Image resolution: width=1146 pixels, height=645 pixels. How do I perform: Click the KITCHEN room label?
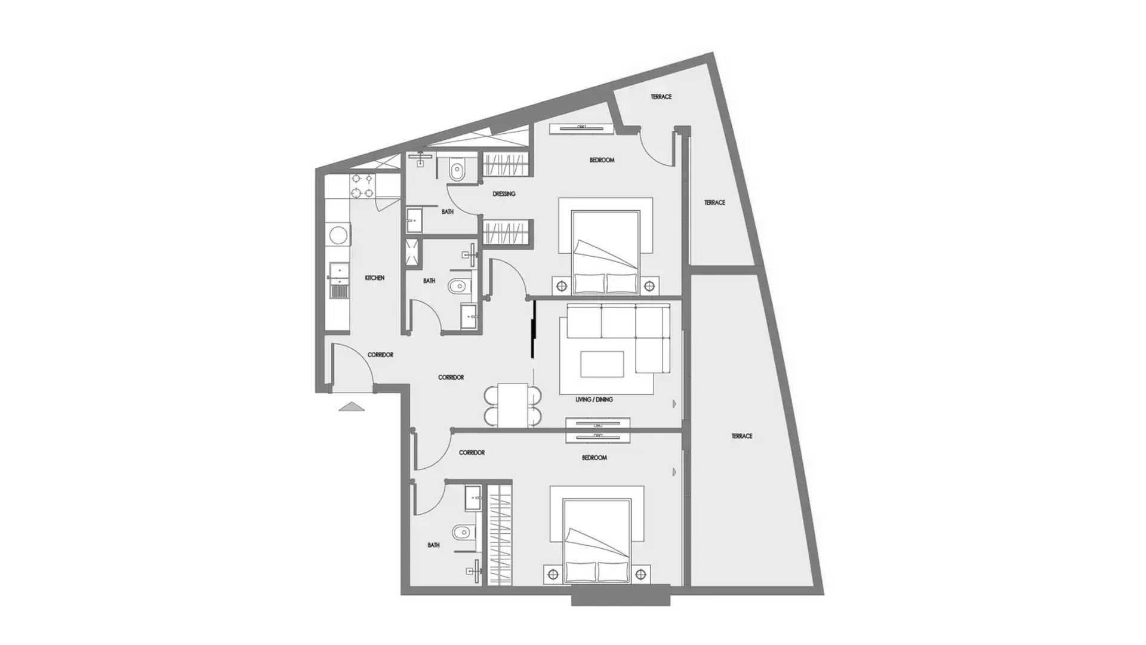click(x=374, y=278)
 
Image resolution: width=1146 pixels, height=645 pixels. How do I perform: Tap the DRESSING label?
click(x=504, y=193)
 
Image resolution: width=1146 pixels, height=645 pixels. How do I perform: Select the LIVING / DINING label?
click(x=594, y=400)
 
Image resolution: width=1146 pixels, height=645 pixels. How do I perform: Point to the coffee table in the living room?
click(x=602, y=364)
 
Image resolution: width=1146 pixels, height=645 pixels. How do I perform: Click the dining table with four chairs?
click(x=513, y=405)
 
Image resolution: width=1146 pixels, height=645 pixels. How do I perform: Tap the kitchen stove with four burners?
click(x=362, y=186)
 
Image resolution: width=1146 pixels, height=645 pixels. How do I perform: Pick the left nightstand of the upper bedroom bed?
click(x=562, y=286)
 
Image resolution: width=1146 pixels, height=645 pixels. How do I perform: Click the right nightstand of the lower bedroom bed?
click(x=640, y=575)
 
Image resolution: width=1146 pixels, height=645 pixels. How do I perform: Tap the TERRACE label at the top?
click(x=661, y=97)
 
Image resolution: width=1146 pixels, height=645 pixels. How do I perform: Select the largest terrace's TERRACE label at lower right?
click(x=742, y=436)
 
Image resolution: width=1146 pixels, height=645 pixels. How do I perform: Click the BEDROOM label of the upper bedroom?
click(x=602, y=160)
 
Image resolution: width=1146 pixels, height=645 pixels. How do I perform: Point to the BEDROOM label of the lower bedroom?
click(x=594, y=457)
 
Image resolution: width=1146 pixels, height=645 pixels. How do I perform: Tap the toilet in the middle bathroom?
click(x=458, y=287)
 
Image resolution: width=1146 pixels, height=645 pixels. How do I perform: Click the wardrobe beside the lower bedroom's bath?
click(x=500, y=534)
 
